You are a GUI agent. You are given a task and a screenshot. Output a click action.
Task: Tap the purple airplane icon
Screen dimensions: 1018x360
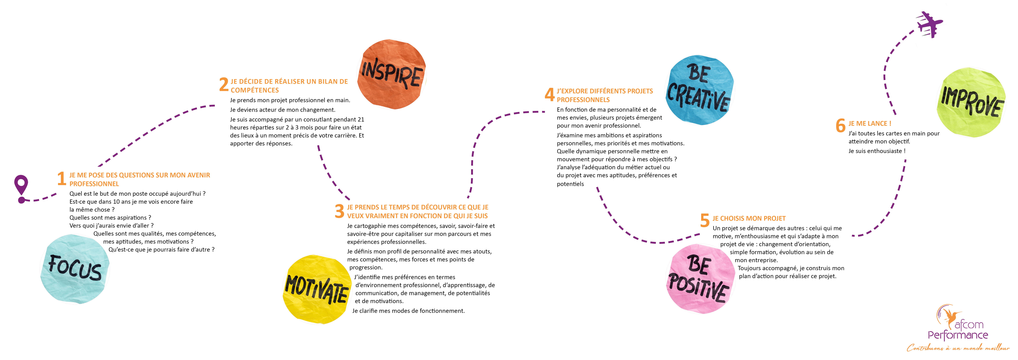tap(929, 25)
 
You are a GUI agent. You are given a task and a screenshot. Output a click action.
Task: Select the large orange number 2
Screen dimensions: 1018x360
tap(224, 85)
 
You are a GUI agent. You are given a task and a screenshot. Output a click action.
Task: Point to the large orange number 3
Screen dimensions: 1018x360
tap(340, 211)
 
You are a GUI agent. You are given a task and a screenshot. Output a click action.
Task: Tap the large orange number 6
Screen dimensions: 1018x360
tap(841, 126)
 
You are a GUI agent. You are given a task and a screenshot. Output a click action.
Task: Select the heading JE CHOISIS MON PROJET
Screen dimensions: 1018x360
tap(749, 218)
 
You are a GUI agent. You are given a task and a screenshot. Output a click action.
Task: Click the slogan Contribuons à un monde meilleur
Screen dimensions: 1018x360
tap(958, 348)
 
